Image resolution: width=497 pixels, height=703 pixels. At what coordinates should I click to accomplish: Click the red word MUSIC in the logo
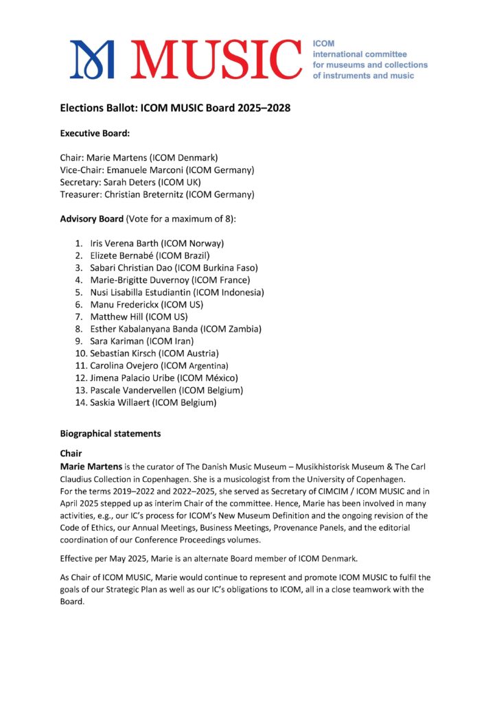[215, 59]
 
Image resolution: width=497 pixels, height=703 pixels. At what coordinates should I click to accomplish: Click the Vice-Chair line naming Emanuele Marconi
[157, 170]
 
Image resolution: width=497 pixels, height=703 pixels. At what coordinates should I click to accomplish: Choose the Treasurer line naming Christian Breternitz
[157, 194]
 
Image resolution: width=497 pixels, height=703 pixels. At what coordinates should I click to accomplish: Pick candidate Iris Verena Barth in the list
[157, 243]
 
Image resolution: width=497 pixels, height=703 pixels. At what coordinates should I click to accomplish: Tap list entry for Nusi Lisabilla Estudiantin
[177, 292]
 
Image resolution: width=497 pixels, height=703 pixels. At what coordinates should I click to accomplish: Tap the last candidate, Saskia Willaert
[153, 403]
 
